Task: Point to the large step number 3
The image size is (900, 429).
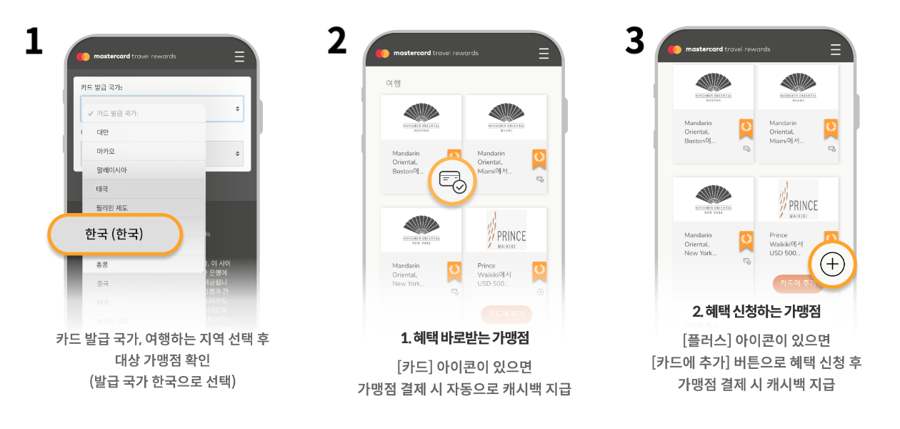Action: tap(634, 41)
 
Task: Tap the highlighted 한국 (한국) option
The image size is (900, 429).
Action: tap(114, 234)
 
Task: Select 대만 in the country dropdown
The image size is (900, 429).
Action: tap(103, 132)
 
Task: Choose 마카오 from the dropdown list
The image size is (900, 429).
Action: tap(106, 152)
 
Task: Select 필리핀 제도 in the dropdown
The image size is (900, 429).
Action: tap(111, 208)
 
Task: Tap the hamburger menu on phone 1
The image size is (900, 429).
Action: tap(239, 56)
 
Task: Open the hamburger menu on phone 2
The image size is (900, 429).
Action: tap(544, 53)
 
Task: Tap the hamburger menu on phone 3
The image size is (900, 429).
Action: tap(836, 49)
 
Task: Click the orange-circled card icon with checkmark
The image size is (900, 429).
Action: tap(452, 181)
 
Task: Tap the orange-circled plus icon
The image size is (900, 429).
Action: tap(832, 265)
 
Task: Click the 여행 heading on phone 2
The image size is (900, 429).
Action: tap(394, 83)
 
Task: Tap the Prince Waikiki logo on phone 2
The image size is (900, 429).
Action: tap(506, 230)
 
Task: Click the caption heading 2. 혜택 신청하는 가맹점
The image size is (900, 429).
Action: tap(756, 312)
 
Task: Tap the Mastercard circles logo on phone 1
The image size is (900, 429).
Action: tap(83, 56)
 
